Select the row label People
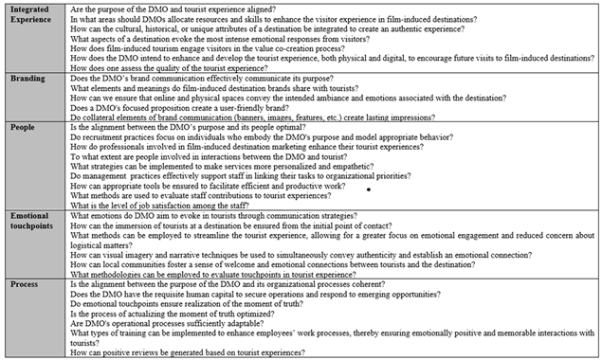pyautogui.click(x=24, y=127)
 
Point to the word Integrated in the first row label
pyautogui.click(x=31, y=8)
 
